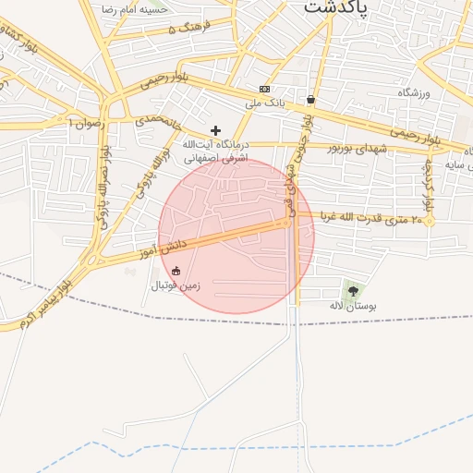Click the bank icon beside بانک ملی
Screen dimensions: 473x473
[x=265, y=89]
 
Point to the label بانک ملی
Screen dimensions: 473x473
[x=261, y=103]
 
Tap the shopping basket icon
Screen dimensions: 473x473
[x=310, y=99]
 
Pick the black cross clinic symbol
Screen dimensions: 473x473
[x=216, y=131]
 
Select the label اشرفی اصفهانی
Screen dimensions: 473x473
[x=216, y=158]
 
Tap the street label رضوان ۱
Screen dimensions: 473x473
[x=88, y=121]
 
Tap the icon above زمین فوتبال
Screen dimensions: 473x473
[x=176, y=271]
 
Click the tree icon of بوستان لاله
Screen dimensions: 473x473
[x=353, y=291]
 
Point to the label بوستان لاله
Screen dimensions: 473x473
[x=348, y=305]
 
